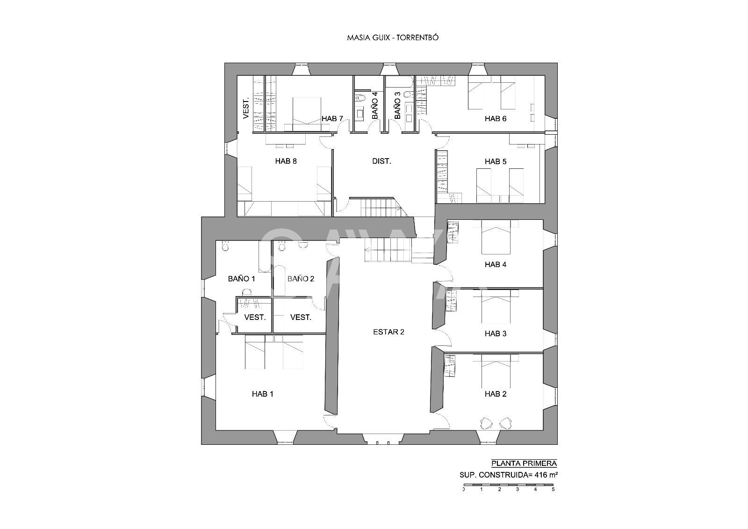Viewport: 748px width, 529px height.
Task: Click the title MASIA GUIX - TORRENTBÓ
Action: tap(393, 37)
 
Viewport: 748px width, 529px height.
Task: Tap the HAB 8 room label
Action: tap(286, 161)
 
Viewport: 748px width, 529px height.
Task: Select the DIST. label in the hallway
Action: tap(381, 161)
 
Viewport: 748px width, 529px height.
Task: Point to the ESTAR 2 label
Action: tap(388, 332)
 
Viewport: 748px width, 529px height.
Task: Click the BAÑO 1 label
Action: tap(241, 279)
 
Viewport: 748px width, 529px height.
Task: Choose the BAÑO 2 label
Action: tap(301, 279)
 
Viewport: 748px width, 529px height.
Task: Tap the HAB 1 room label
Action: tap(262, 394)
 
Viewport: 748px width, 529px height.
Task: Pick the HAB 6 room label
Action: tap(496, 119)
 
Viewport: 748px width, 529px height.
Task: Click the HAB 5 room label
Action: tap(496, 162)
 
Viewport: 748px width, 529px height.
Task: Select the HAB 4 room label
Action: tap(496, 265)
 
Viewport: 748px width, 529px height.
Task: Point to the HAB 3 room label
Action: tap(496, 333)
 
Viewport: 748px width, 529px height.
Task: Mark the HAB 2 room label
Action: tap(496, 394)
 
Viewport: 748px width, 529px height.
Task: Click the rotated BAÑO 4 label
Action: tap(374, 105)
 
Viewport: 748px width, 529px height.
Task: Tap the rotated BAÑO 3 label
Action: tap(397, 105)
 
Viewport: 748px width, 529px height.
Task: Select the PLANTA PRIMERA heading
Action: tap(524, 464)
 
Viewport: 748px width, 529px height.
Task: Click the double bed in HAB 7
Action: tap(307, 115)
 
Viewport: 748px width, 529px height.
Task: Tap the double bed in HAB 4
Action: tap(496, 237)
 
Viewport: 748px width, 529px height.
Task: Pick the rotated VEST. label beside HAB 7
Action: tap(246, 108)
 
